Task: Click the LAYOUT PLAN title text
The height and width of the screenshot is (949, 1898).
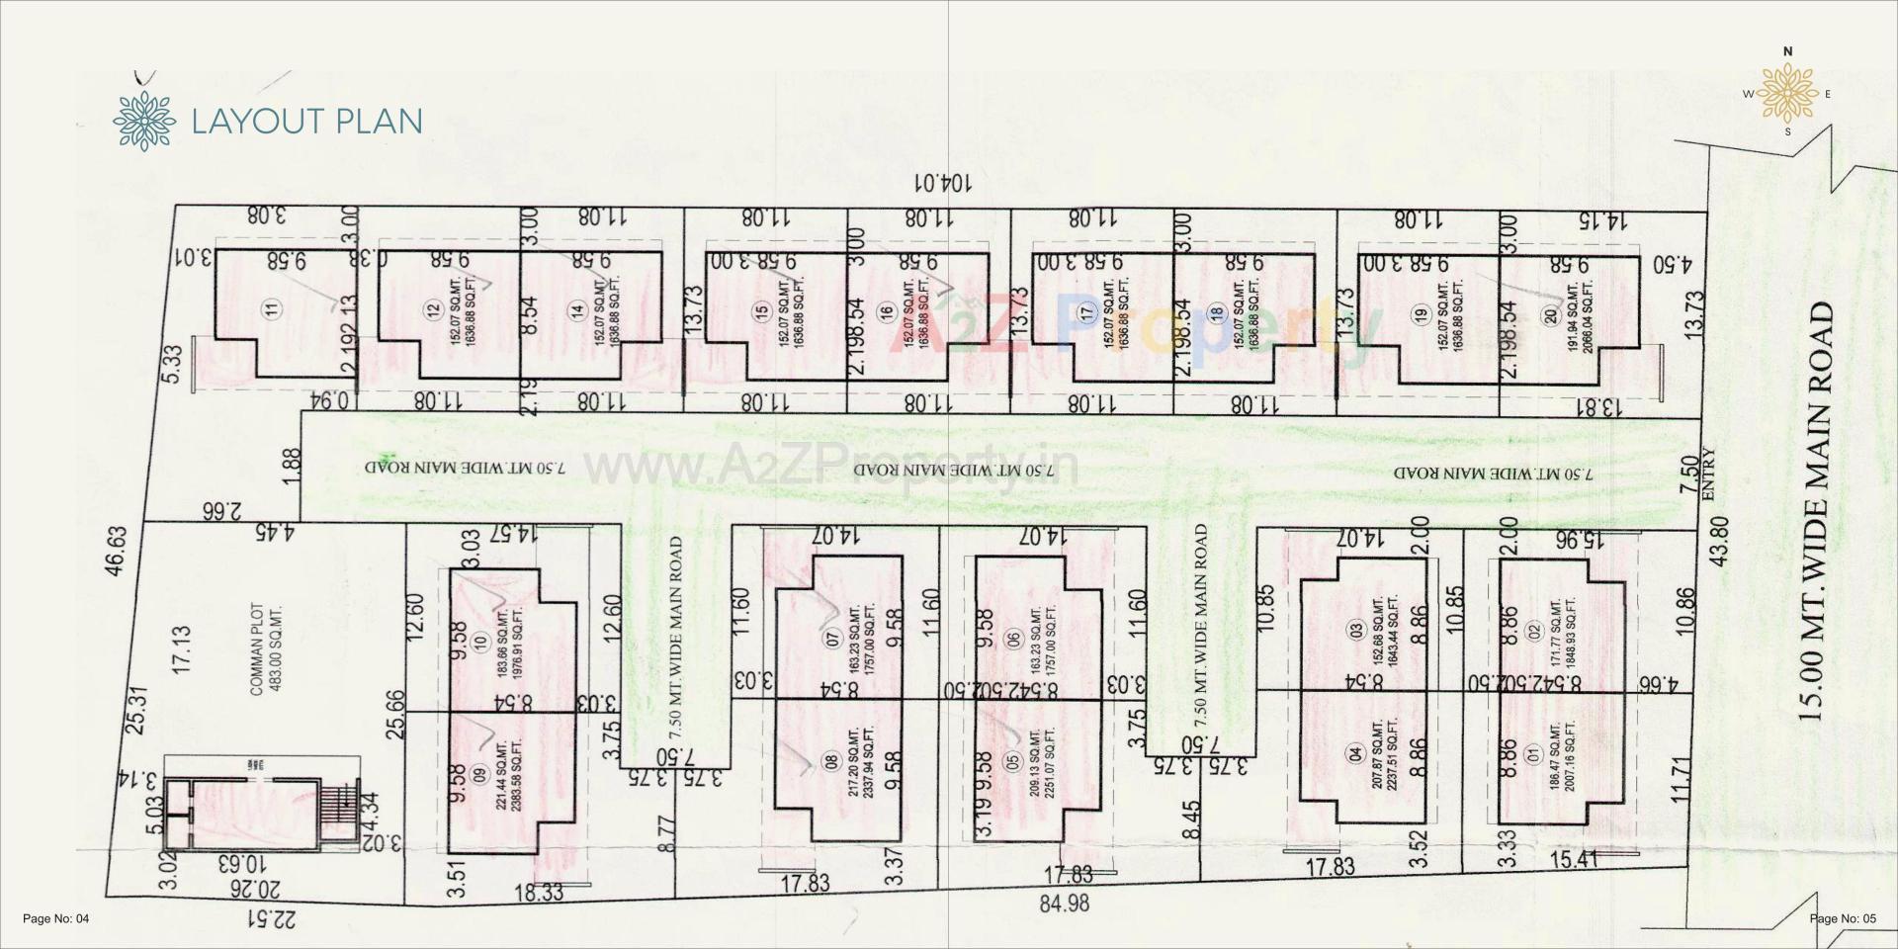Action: (306, 121)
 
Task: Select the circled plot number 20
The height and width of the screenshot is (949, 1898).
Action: (1550, 315)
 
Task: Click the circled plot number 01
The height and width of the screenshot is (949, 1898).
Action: (1533, 757)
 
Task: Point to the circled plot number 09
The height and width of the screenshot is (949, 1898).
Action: (481, 775)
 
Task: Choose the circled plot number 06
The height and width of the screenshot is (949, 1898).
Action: (1011, 639)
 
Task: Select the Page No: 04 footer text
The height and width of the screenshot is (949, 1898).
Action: (56, 919)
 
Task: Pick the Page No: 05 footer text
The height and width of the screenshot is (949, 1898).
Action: (1842, 919)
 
